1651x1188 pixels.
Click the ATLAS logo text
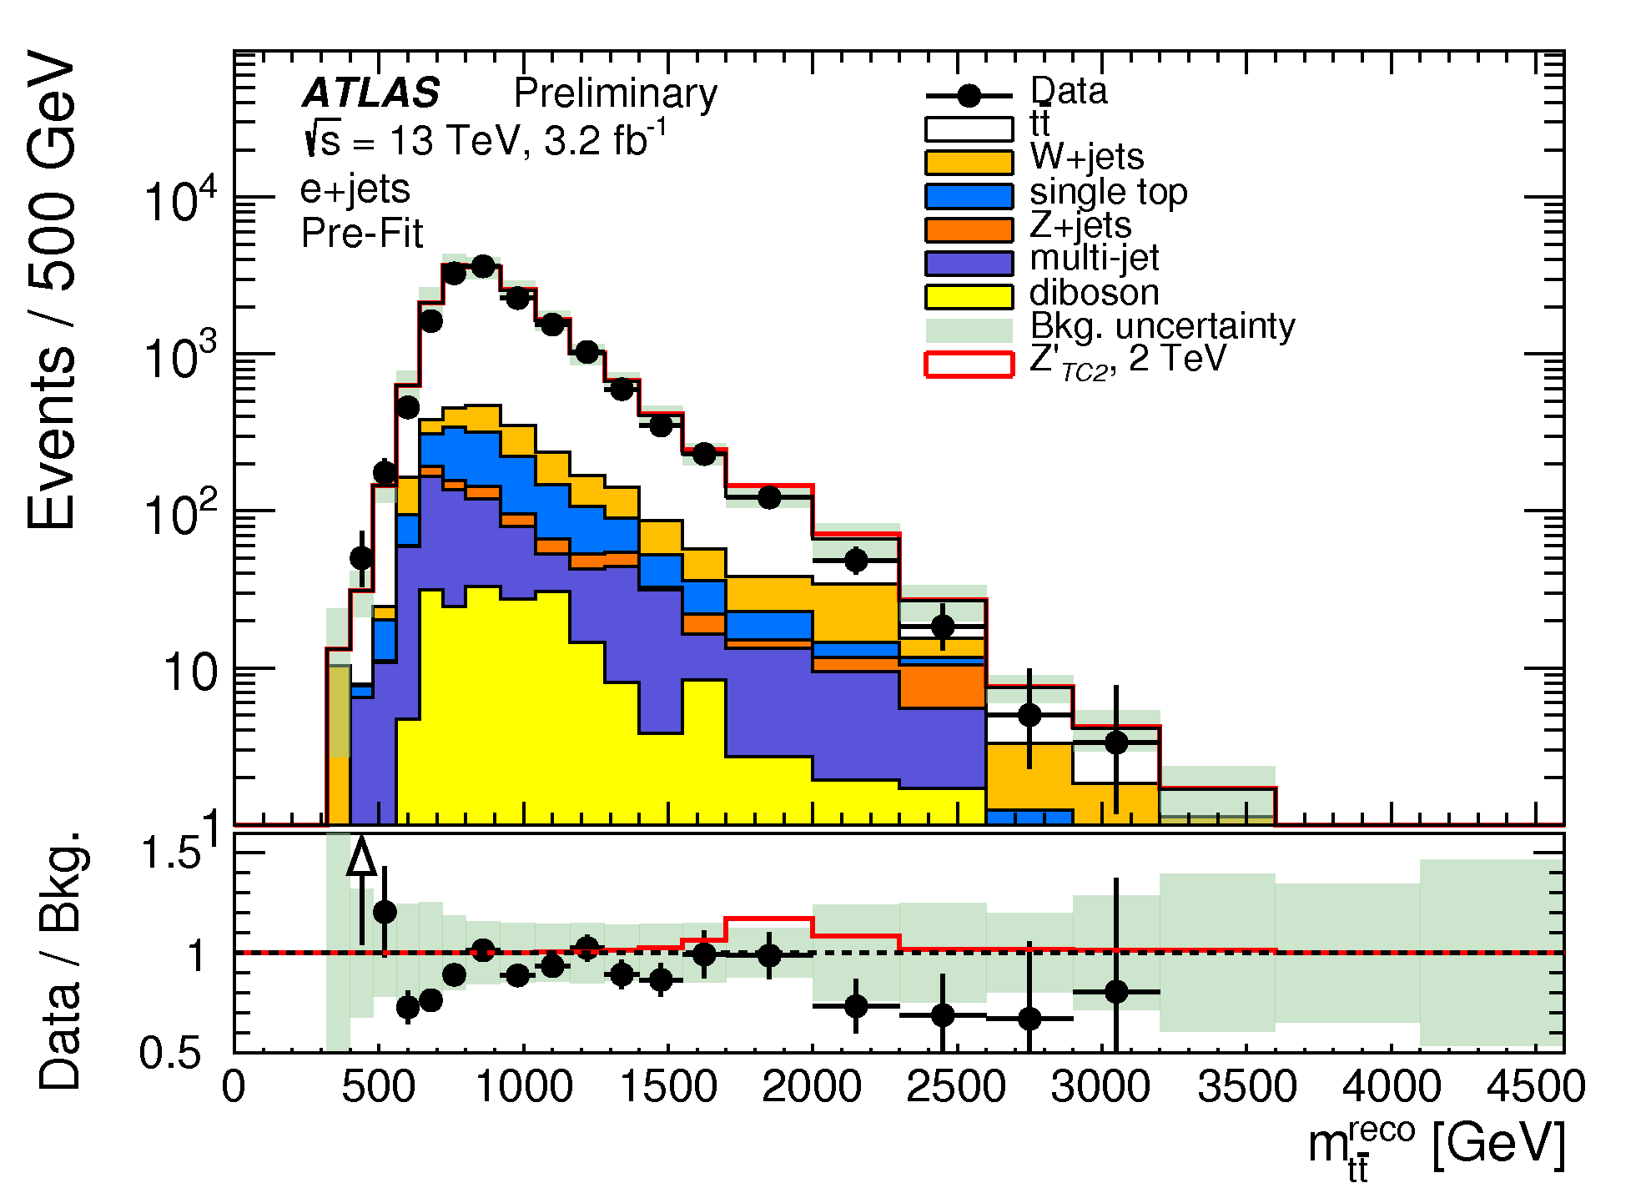[x=371, y=93]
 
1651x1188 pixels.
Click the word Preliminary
[x=616, y=93]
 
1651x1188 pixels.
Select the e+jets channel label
[x=355, y=189]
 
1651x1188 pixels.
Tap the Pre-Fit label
[x=362, y=234]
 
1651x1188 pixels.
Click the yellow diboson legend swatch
[x=969, y=296]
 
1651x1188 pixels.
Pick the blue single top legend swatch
[x=969, y=195]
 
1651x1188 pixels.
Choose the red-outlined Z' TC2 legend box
[x=969, y=365]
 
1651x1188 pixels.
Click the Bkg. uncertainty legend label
[x=1163, y=326]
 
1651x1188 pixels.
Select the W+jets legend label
[x=1087, y=157]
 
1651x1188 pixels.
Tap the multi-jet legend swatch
[x=969, y=263]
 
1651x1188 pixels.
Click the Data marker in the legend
[x=969, y=96]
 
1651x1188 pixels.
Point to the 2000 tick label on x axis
[x=812, y=1086]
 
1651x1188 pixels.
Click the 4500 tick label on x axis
[x=1536, y=1086]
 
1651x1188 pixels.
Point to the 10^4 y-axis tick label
[x=180, y=200]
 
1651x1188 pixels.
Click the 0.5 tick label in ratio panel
[x=170, y=1053]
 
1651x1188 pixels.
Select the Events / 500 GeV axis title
[x=52, y=289]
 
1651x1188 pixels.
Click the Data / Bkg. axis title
[x=60, y=960]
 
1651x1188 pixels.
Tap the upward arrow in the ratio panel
[x=361, y=891]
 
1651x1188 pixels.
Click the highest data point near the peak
[x=483, y=266]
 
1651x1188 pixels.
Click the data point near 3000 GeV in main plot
[x=1116, y=742]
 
